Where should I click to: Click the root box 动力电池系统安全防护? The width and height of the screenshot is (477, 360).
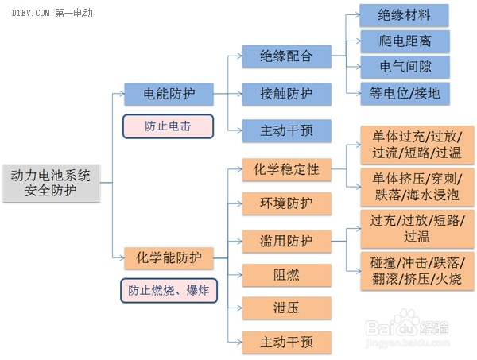(51, 181)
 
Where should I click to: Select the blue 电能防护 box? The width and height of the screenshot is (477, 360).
(168, 93)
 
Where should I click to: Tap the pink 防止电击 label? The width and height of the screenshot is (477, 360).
(168, 126)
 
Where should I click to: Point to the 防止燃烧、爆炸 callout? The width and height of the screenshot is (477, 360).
(168, 290)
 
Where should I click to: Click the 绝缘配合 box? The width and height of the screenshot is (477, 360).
(286, 56)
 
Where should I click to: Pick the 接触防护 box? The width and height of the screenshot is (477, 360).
(286, 93)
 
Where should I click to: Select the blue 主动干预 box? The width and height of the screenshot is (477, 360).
(286, 129)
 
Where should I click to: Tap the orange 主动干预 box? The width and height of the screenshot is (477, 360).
(286, 342)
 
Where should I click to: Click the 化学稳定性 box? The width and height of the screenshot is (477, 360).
(286, 168)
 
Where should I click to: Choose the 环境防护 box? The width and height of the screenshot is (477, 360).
(286, 203)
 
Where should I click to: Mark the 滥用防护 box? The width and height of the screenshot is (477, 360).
(286, 240)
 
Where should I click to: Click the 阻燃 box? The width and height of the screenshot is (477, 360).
(286, 275)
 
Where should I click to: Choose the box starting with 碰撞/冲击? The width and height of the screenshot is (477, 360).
(417, 271)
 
